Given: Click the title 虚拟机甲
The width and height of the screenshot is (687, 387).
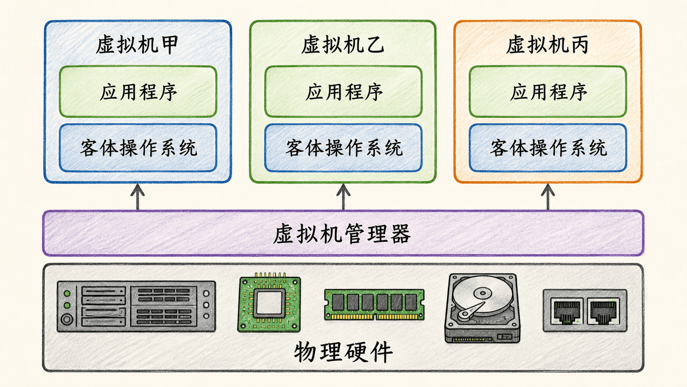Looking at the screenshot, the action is (137, 45).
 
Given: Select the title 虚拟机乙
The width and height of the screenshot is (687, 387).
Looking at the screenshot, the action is (343, 45).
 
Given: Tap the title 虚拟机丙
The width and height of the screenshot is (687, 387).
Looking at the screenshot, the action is (547, 45).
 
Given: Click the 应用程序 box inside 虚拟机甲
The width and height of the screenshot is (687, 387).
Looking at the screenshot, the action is (138, 91).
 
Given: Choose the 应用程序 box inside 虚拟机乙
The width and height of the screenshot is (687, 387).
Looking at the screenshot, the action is (343, 91).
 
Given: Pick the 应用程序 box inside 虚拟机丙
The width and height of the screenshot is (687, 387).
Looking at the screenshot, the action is (548, 91).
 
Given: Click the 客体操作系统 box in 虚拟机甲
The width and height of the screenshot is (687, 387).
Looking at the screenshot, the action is (138, 148).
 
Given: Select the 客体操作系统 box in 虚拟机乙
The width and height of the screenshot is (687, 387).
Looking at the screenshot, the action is (343, 148).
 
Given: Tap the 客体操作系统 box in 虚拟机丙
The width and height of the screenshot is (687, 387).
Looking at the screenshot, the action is (548, 148).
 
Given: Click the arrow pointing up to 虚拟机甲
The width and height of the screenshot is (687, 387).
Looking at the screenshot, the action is (138, 197).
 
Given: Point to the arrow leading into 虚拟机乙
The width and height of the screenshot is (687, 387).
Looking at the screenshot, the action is (343, 197).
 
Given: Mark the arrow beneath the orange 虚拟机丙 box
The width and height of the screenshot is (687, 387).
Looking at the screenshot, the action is (548, 197).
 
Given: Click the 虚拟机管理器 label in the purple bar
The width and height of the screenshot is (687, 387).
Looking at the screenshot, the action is (342, 234).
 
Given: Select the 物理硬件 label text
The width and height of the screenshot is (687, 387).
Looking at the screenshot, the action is (343, 352).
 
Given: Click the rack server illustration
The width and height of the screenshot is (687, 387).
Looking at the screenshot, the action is (136, 306).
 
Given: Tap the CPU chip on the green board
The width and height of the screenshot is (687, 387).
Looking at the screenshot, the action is (269, 302).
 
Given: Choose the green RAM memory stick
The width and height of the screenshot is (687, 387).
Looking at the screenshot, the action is (374, 304).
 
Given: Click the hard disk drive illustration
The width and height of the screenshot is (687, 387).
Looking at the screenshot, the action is (482, 308).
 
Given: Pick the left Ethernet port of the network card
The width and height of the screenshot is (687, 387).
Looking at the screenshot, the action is (567, 311).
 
